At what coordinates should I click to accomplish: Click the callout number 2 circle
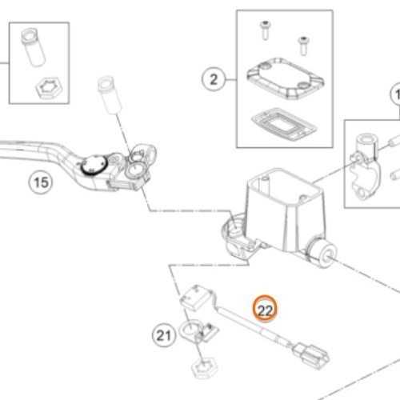(x=214, y=79)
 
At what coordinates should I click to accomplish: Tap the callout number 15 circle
(x=41, y=182)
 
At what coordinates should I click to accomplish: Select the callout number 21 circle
(x=164, y=335)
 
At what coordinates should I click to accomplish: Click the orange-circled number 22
(x=265, y=309)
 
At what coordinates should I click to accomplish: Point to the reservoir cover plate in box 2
(x=286, y=78)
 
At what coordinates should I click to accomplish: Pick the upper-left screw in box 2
(x=265, y=30)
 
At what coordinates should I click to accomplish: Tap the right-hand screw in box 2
(x=303, y=46)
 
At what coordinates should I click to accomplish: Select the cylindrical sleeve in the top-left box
(x=32, y=47)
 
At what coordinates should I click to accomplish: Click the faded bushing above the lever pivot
(x=110, y=94)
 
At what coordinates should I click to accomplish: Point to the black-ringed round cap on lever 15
(x=94, y=165)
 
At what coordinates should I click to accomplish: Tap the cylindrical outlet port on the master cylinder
(x=322, y=252)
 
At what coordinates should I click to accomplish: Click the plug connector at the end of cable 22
(x=310, y=355)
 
